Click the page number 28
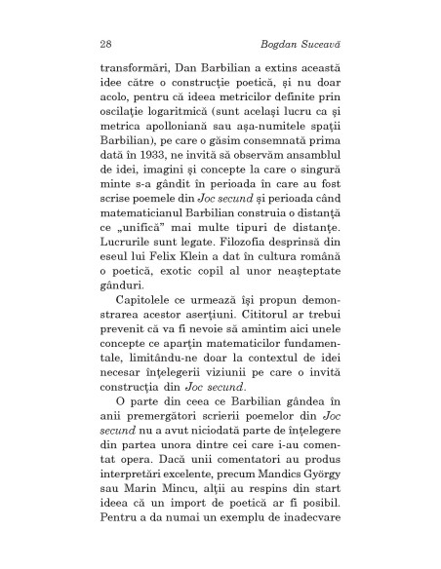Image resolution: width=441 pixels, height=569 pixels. tap(104, 44)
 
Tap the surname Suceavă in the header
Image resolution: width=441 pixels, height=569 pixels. tap(314, 44)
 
